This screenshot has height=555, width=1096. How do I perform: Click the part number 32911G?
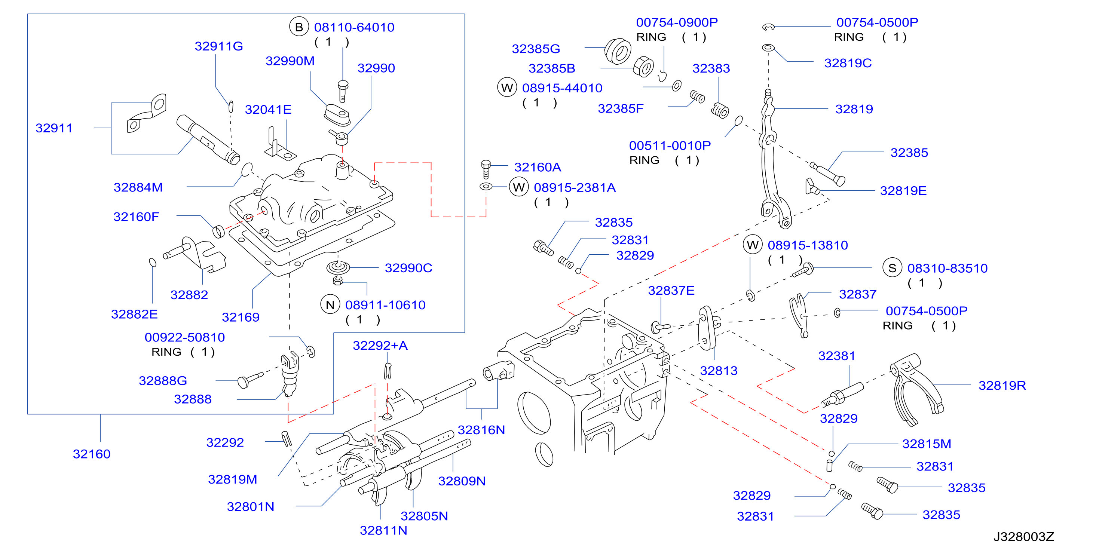tap(219, 46)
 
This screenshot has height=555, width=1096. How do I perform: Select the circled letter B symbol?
tap(299, 27)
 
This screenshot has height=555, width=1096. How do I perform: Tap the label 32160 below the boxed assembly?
tap(92, 454)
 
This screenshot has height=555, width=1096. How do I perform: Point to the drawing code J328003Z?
tap(1023, 537)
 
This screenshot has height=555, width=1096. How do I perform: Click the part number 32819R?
tap(1002, 385)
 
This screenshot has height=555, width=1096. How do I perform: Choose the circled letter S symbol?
tap(892, 268)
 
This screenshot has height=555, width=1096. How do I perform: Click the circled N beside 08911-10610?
tap(330, 304)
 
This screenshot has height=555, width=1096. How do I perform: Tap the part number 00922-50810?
tap(185, 337)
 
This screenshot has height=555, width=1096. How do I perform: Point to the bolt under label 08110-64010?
tap(343, 91)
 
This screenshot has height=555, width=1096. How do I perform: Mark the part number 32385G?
tap(536, 49)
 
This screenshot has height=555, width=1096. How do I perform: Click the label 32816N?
tap(481, 430)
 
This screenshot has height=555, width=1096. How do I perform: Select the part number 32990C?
tap(408, 268)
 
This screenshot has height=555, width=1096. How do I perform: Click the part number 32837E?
tap(671, 291)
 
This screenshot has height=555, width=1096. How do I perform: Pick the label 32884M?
tap(138, 187)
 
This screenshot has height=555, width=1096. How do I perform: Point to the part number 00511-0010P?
tap(670, 145)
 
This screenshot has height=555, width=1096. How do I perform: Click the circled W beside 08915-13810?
tap(753, 245)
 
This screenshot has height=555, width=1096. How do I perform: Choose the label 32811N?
tap(383, 530)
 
